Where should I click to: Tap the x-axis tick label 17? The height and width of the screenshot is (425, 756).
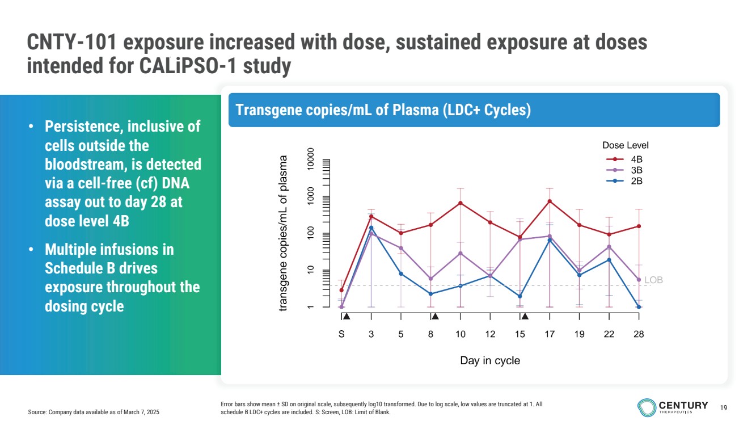(x=550, y=335)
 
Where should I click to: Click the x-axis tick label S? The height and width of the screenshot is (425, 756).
(x=341, y=335)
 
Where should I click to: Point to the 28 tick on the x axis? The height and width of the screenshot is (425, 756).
(x=639, y=335)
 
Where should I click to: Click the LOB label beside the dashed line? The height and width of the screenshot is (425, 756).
(x=653, y=280)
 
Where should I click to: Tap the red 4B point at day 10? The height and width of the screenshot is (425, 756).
(x=461, y=203)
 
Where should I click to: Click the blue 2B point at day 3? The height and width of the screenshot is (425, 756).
(x=371, y=228)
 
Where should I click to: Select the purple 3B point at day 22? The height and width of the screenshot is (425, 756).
(x=609, y=247)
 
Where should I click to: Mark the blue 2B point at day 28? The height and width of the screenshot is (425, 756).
(x=639, y=307)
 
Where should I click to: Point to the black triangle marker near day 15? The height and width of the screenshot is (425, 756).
(x=525, y=317)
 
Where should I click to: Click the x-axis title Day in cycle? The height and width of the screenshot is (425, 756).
(x=489, y=360)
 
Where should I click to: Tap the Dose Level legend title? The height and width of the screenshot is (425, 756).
(x=626, y=146)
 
